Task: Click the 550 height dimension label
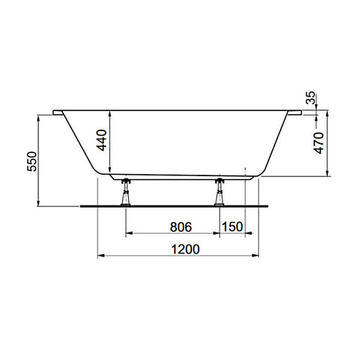[x=32, y=161]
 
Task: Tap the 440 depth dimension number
[x=102, y=140]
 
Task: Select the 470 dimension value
[x=319, y=143]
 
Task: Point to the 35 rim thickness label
[x=310, y=97]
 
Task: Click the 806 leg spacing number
[x=181, y=227]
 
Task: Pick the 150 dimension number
[x=232, y=226]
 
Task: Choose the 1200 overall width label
[x=185, y=249]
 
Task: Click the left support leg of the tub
[x=125, y=192]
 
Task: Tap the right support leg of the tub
[x=219, y=192]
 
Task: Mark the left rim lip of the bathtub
[x=58, y=112]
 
